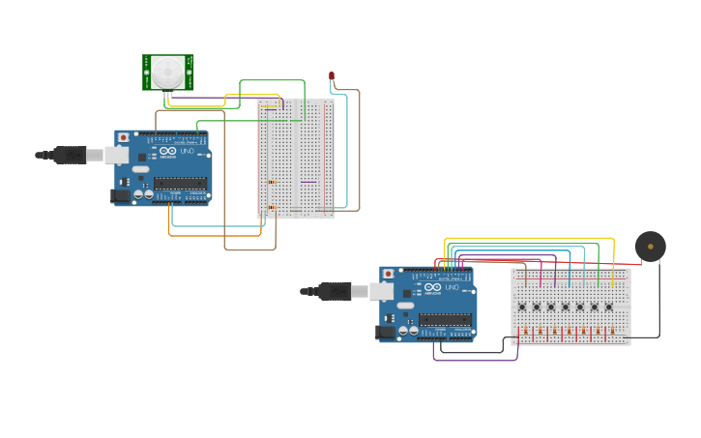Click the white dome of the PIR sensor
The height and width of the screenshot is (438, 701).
point(167,71)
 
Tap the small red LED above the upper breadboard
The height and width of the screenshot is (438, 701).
point(332,75)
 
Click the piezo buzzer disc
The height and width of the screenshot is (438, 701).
point(650,247)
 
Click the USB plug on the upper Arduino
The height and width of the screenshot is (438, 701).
point(72,155)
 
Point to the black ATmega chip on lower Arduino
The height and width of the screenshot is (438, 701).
point(445,318)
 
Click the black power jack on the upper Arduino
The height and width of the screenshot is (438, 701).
point(121,195)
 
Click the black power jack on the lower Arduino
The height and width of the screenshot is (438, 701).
point(386,332)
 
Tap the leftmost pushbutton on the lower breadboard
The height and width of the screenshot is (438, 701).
point(522,307)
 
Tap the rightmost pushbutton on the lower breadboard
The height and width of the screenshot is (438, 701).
point(609,307)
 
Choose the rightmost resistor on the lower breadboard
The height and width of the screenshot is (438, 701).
point(612,332)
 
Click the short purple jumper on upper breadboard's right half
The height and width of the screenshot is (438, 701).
point(308,182)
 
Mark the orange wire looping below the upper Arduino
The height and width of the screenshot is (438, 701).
point(213,235)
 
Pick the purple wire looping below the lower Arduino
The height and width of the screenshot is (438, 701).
point(474,360)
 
